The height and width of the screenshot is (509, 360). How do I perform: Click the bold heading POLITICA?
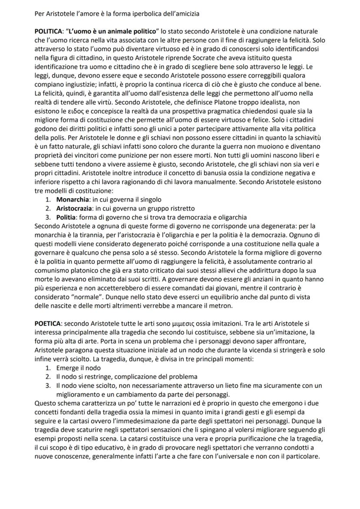pos(48,32)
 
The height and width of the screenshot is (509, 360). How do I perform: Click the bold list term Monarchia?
pos(72,200)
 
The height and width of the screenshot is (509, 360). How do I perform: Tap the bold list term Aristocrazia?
pos(73,208)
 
